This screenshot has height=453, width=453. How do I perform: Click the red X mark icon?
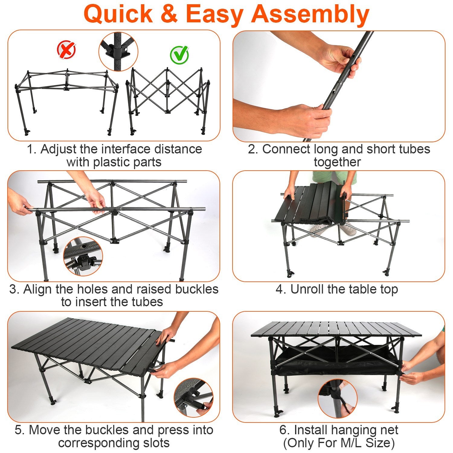tap(66, 50)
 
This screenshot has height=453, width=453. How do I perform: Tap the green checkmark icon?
tap(179, 55)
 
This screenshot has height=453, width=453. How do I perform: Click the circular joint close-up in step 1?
tap(118, 52)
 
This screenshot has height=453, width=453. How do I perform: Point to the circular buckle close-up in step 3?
tap(83, 256)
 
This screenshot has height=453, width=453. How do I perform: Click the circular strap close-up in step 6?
tap(338, 399)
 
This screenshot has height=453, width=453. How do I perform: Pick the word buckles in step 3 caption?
tap(197, 289)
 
